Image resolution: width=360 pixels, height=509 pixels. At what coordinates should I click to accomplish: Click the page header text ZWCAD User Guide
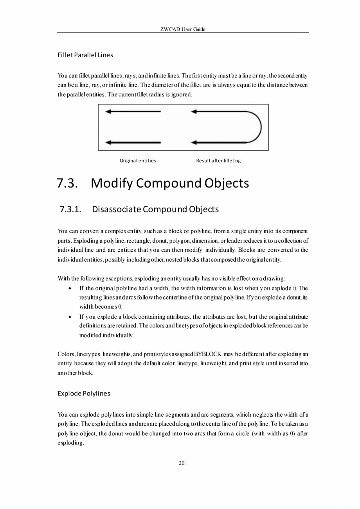[x=183, y=29]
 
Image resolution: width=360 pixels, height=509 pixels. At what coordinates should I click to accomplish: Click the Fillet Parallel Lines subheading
[x=85, y=55]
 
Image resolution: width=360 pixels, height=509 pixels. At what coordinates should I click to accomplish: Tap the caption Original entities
[x=138, y=161]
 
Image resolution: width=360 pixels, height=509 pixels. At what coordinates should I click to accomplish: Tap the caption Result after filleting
[x=218, y=161]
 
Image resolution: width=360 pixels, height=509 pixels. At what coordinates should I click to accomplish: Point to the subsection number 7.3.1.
[x=70, y=209]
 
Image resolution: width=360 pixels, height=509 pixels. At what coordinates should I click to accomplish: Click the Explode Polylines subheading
[x=84, y=393]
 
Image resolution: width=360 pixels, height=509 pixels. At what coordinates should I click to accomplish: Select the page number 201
[x=183, y=463]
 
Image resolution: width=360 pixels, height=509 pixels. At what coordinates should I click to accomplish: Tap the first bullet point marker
[x=69, y=288]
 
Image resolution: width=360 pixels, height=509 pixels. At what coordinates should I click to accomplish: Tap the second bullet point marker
[x=69, y=317]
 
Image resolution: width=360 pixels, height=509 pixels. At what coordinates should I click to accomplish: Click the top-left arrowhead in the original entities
[x=108, y=112]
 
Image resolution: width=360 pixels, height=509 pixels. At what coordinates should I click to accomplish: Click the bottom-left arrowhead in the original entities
[x=108, y=142]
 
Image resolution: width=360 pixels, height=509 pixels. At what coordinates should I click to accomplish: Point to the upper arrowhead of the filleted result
[x=194, y=112]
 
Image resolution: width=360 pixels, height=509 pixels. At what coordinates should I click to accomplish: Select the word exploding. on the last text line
[x=70, y=443]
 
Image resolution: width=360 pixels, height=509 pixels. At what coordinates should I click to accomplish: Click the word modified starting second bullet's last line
[x=90, y=335]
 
